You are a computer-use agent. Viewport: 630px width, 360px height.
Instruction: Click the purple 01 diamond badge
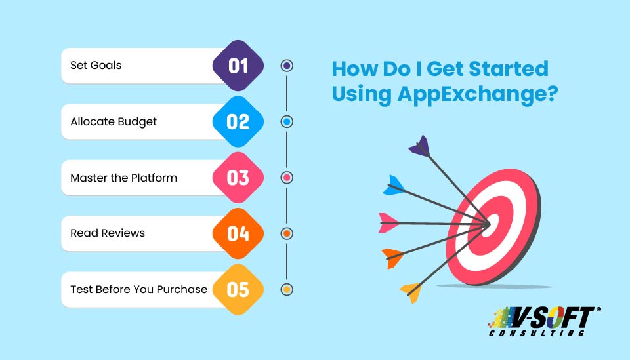tap(238, 66)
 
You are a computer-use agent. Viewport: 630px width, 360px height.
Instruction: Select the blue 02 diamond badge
tap(238, 121)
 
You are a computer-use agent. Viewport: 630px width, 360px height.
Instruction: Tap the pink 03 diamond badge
tap(238, 178)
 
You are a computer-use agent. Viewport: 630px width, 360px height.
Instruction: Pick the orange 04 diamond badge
tap(238, 233)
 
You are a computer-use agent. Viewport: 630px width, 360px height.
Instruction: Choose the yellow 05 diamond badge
tap(238, 289)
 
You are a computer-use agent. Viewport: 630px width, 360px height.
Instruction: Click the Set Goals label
tap(96, 66)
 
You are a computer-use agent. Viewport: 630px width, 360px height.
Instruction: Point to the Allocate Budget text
tap(114, 122)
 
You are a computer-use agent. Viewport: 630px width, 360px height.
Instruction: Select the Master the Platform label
tap(123, 178)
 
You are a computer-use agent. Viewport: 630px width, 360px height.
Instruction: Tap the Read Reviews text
tap(108, 233)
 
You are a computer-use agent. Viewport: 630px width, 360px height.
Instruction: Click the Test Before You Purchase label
tap(138, 289)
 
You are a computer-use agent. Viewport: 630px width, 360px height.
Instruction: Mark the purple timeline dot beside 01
tap(286, 66)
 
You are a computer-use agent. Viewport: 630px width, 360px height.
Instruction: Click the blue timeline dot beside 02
tap(286, 121)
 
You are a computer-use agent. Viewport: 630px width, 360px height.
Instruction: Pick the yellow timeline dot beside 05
tap(286, 289)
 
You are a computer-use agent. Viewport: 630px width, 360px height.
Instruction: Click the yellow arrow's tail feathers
tap(410, 289)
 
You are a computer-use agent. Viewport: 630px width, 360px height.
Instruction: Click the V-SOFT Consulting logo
tap(543, 322)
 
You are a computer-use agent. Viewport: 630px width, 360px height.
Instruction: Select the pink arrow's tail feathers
tap(389, 222)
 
